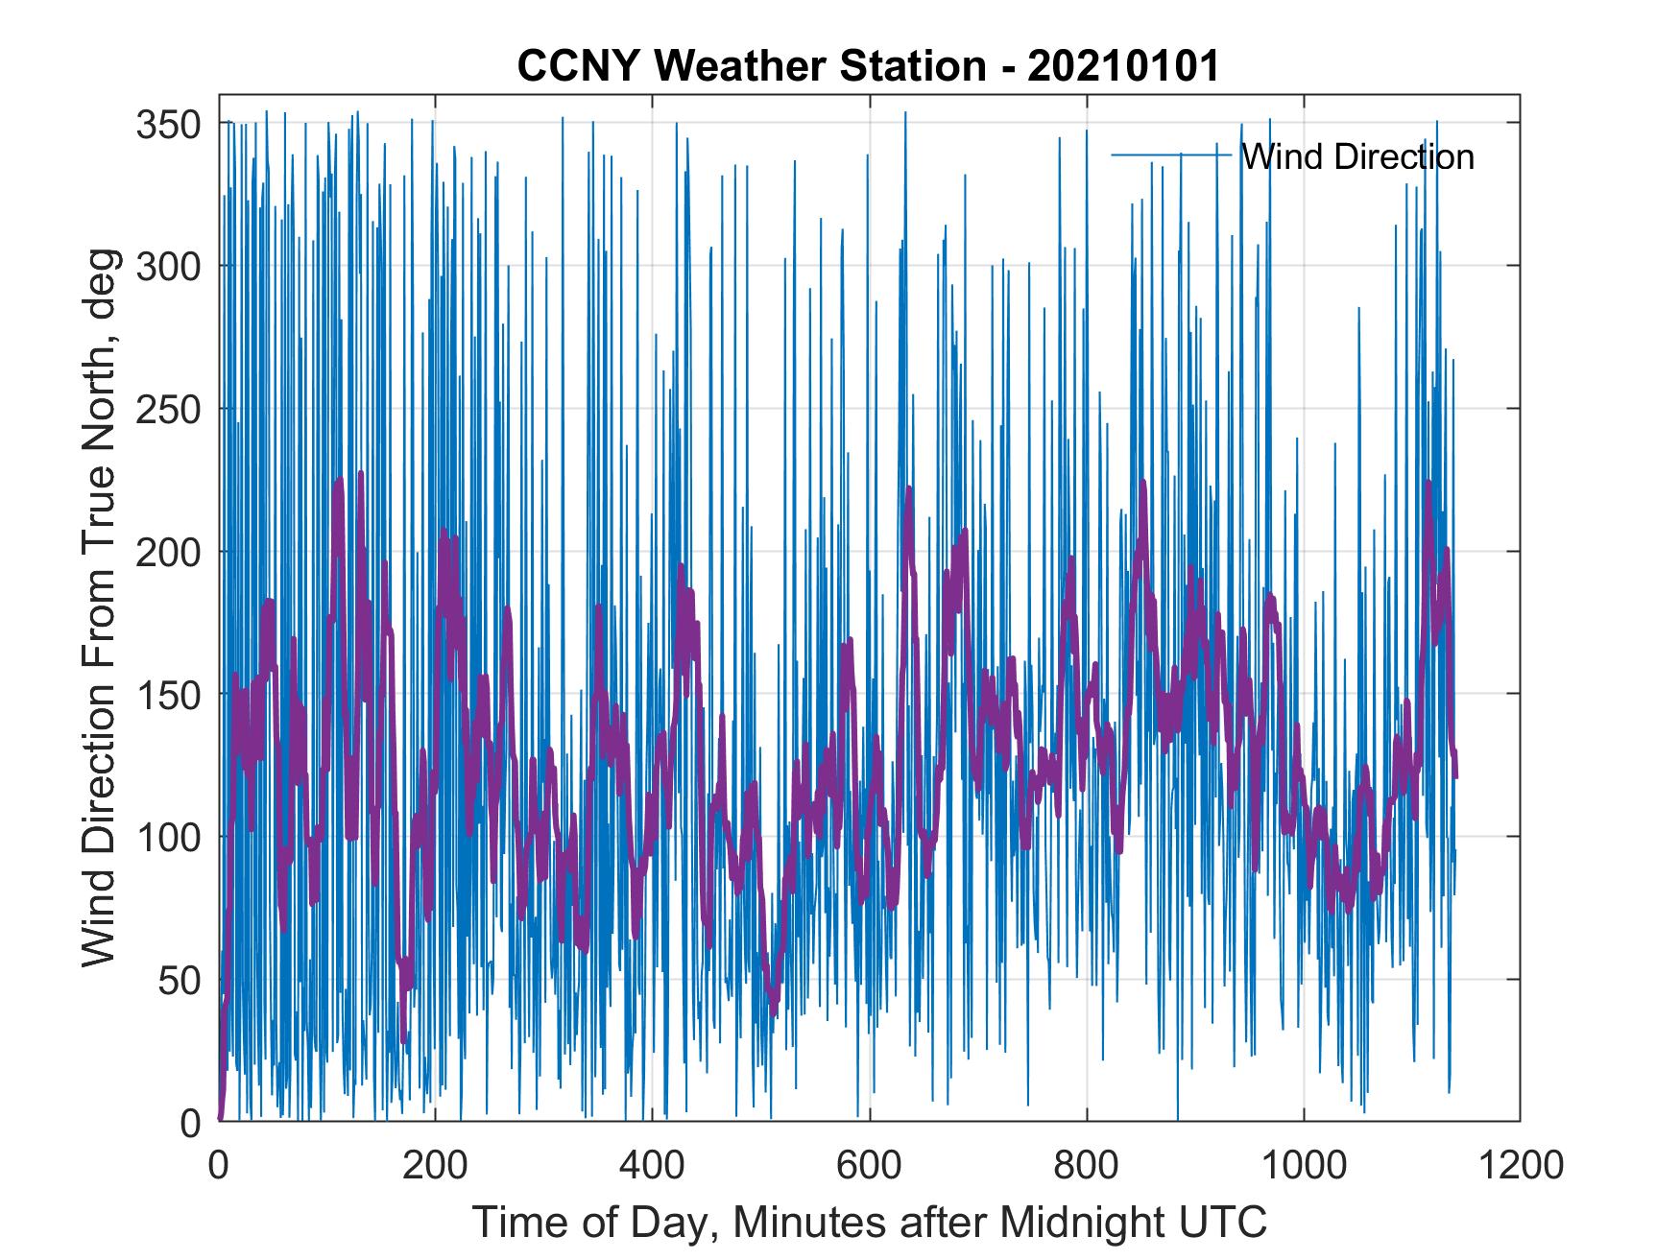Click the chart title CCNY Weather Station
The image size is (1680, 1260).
pos(752,66)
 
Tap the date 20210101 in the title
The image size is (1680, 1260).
pos(1122,66)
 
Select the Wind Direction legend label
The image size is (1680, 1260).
pos(1357,156)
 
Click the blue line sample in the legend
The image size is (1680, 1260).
pos(1171,155)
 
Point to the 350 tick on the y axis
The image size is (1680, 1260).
pos(168,124)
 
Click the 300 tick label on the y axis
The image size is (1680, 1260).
pos(168,266)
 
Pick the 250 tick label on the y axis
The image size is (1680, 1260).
pos(168,409)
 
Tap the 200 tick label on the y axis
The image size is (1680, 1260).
pos(168,552)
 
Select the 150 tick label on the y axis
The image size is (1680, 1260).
pos(168,694)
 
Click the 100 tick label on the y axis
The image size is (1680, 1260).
pos(168,837)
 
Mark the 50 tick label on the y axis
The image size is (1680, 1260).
pos(179,980)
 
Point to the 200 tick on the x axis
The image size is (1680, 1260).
pos(435,1164)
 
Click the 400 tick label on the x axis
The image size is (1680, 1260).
pos(652,1164)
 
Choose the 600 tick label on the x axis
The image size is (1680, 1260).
pos(869,1164)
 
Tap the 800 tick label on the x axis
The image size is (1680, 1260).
pos(1087,1164)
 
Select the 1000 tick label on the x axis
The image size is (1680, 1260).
pos(1304,1164)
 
